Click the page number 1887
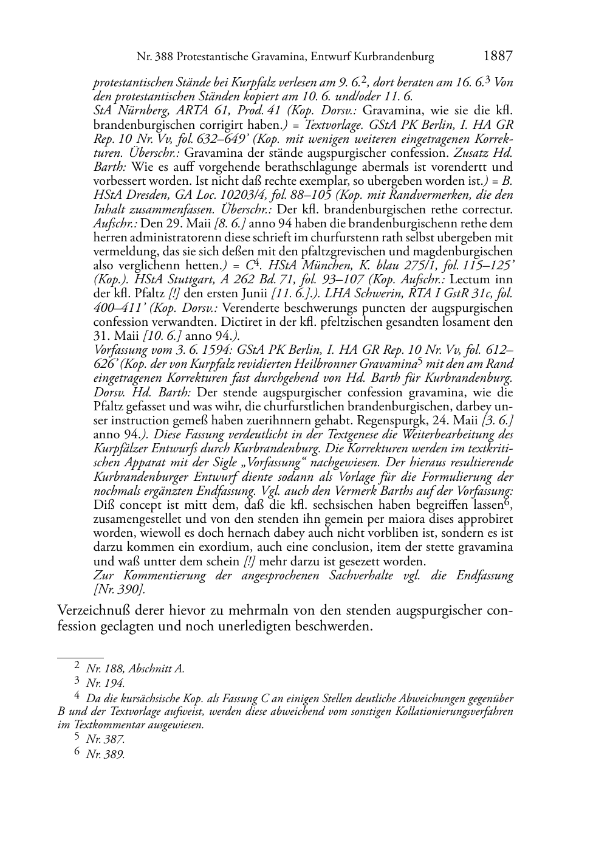(x=498, y=57)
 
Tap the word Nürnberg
(x=140, y=111)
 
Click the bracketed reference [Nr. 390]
(x=120, y=589)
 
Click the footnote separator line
(x=80, y=657)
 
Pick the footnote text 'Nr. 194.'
(x=105, y=683)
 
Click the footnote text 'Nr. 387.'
(x=105, y=739)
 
